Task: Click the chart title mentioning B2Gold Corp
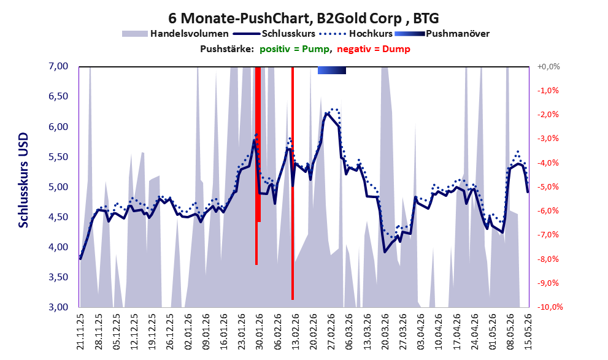303,18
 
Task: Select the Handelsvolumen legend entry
175,34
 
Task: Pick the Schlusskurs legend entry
274,34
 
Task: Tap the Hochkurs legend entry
356,34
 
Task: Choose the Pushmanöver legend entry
442,34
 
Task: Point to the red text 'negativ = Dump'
374,49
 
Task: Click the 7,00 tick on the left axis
58,66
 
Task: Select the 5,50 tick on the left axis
58,157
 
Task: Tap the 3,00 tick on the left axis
58,307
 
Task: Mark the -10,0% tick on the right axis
550,307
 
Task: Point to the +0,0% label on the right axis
548,67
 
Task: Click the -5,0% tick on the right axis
548,187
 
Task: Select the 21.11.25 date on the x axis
80,332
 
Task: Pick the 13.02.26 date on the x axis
296,332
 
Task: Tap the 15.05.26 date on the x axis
528,332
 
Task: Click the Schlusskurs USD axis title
24,180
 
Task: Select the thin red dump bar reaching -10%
293,183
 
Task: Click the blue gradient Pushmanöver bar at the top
331,70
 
